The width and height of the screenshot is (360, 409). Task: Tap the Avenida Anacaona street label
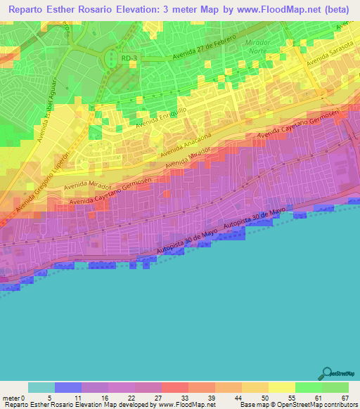186,145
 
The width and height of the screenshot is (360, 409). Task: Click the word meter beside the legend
11,397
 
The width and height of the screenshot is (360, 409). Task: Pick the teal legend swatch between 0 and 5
41,387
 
